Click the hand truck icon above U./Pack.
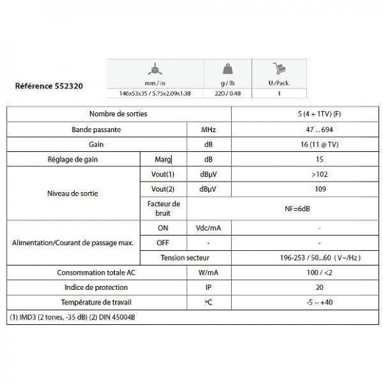point(280,69)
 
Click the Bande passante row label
point(99,129)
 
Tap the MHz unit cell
point(207,129)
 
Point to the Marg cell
point(161,159)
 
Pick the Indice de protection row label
point(99,288)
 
